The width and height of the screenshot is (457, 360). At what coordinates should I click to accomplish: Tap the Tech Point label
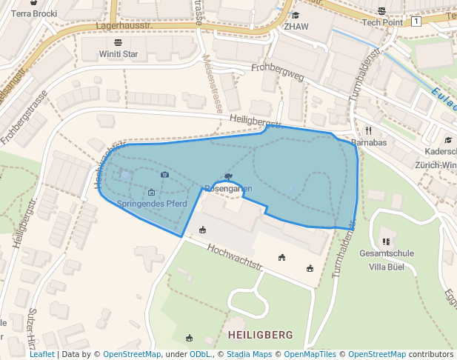click(x=381, y=21)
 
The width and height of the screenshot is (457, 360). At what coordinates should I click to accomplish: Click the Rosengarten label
click(x=227, y=188)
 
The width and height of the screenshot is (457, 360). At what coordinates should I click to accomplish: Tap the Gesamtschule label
click(x=386, y=253)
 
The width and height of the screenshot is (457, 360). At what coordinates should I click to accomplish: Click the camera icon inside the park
click(x=164, y=174)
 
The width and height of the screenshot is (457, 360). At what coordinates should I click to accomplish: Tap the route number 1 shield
click(x=417, y=21)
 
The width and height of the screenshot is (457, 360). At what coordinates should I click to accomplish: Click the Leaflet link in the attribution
click(x=41, y=354)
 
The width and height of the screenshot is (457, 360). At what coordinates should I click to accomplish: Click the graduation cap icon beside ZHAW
click(x=296, y=15)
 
